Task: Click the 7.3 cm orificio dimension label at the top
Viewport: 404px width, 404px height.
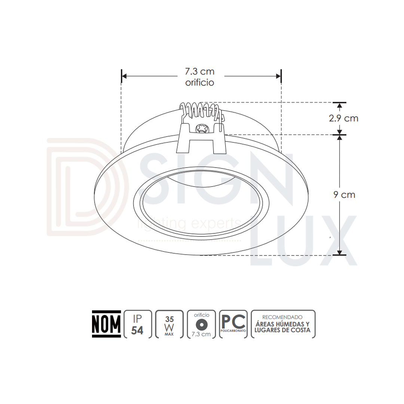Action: tap(200, 77)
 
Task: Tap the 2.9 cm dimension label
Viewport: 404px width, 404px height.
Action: tap(343, 118)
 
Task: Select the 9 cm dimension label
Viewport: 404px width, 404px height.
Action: tap(344, 195)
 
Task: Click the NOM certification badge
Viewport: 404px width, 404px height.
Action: tap(106, 324)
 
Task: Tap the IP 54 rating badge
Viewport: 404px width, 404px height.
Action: tap(138, 324)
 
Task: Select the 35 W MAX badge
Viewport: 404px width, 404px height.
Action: tap(169, 324)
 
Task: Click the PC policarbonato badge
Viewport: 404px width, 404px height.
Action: tap(233, 324)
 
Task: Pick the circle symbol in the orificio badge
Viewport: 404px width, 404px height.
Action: tap(202, 324)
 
